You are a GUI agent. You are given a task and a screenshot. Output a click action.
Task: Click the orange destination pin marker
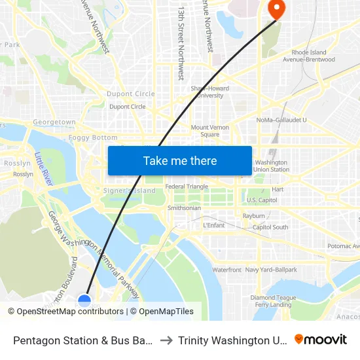pyautogui.click(x=277, y=9)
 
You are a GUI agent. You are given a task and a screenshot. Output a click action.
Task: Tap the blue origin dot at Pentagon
pyautogui.click(x=84, y=300)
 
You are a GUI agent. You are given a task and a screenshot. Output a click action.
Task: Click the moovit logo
pyautogui.click(x=320, y=339)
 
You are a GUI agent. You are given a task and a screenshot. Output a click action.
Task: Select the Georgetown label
pyautogui.click(x=54, y=122)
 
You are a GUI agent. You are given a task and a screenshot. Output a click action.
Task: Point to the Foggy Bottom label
pyautogui.click(x=93, y=138)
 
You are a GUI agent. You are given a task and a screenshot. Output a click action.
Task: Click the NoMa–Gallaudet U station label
pyautogui.click(x=281, y=120)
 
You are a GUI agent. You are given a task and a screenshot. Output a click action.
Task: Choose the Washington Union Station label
pyautogui.click(x=272, y=166)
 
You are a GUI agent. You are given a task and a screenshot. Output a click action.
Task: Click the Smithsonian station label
pyautogui.click(x=184, y=208)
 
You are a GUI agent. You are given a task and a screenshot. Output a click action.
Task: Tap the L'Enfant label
pyautogui.click(x=214, y=225)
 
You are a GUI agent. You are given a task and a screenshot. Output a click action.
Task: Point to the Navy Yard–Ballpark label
pyautogui.click(x=271, y=270)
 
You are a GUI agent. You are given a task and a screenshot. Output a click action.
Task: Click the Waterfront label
pyautogui.click(x=226, y=270)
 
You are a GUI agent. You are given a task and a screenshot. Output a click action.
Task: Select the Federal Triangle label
pyautogui.click(x=187, y=187)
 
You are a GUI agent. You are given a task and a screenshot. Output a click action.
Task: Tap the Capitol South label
pyautogui.click(x=270, y=227)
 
